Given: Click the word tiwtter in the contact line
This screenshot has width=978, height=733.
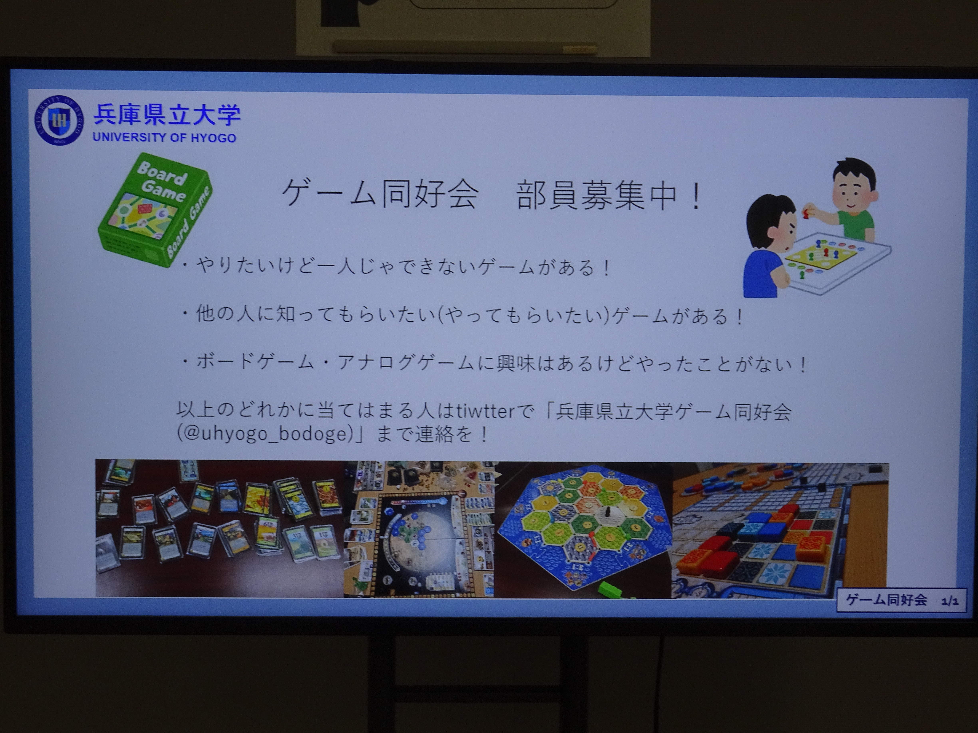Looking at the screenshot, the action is pyautogui.click(x=485, y=411).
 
